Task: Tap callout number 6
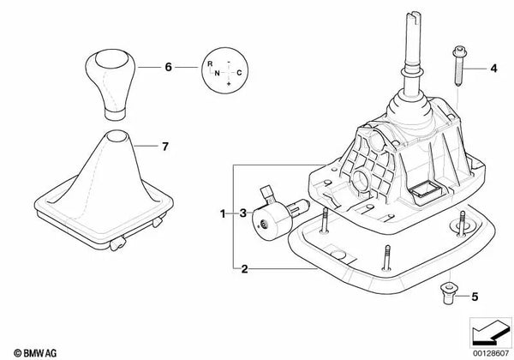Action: pos(169,66)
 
